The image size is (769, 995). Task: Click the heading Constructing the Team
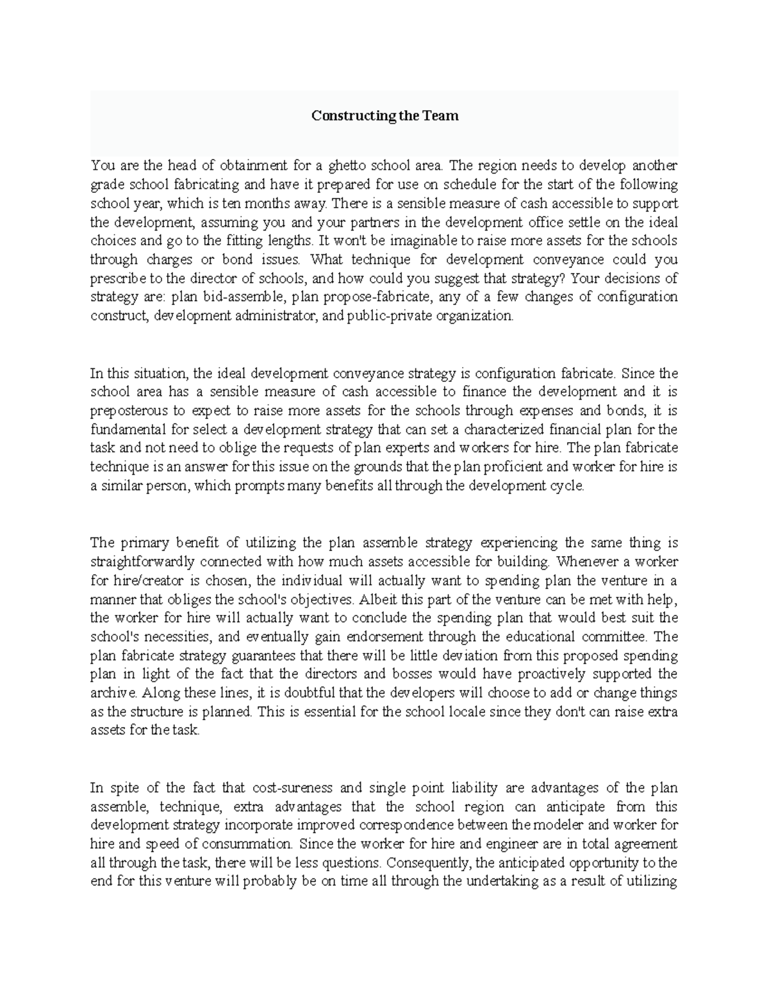pos(384,116)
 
